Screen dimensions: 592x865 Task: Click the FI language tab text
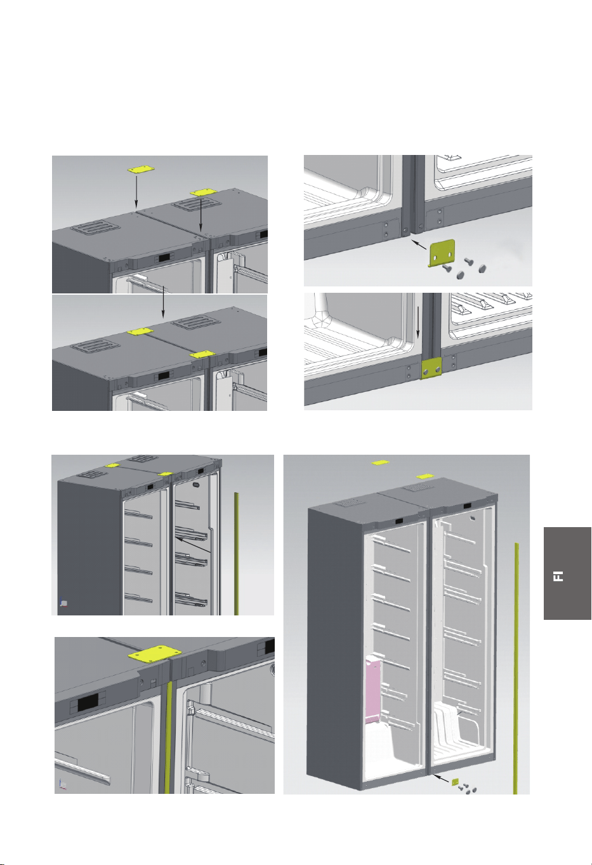(x=558, y=576)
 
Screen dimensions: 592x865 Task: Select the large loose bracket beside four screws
(x=442, y=253)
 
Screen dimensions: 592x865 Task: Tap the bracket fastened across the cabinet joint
(x=431, y=367)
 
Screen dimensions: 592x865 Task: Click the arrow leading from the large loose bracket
(x=419, y=245)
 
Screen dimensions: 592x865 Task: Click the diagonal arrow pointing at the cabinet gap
(x=193, y=546)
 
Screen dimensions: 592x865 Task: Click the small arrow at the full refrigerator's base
(x=441, y=779)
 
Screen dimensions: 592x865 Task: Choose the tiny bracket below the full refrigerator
(x=455, y=782)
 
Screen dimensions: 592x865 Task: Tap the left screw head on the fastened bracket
(x=425, y=371)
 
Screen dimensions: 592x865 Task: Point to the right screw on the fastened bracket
(x=438, y=369)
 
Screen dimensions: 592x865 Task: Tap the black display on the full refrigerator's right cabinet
(x=467, y=506)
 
